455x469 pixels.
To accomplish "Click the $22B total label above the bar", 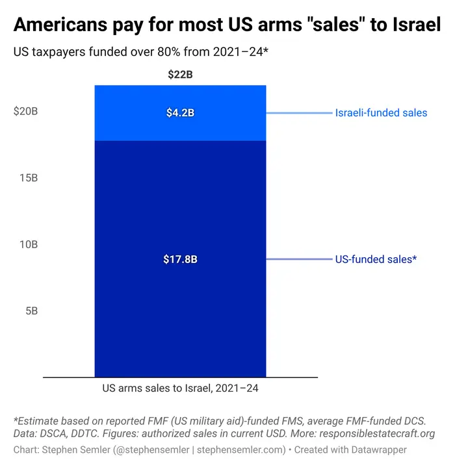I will [180, 75].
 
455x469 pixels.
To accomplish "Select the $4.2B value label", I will [180, 113].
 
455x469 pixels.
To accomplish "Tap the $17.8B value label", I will [180, 259].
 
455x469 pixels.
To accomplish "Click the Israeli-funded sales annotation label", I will [381, 113].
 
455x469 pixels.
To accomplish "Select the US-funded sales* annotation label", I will [376, 259].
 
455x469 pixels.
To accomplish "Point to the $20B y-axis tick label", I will [26, 111].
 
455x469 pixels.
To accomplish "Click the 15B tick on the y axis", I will [27, 177].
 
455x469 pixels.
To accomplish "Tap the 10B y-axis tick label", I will [27, 244].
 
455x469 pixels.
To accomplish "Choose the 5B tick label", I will [30, 311].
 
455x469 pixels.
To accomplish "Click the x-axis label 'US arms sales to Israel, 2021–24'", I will [180, 389].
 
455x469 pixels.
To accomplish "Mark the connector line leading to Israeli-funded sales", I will [299, 113].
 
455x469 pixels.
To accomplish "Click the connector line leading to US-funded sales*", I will [299, 259].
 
